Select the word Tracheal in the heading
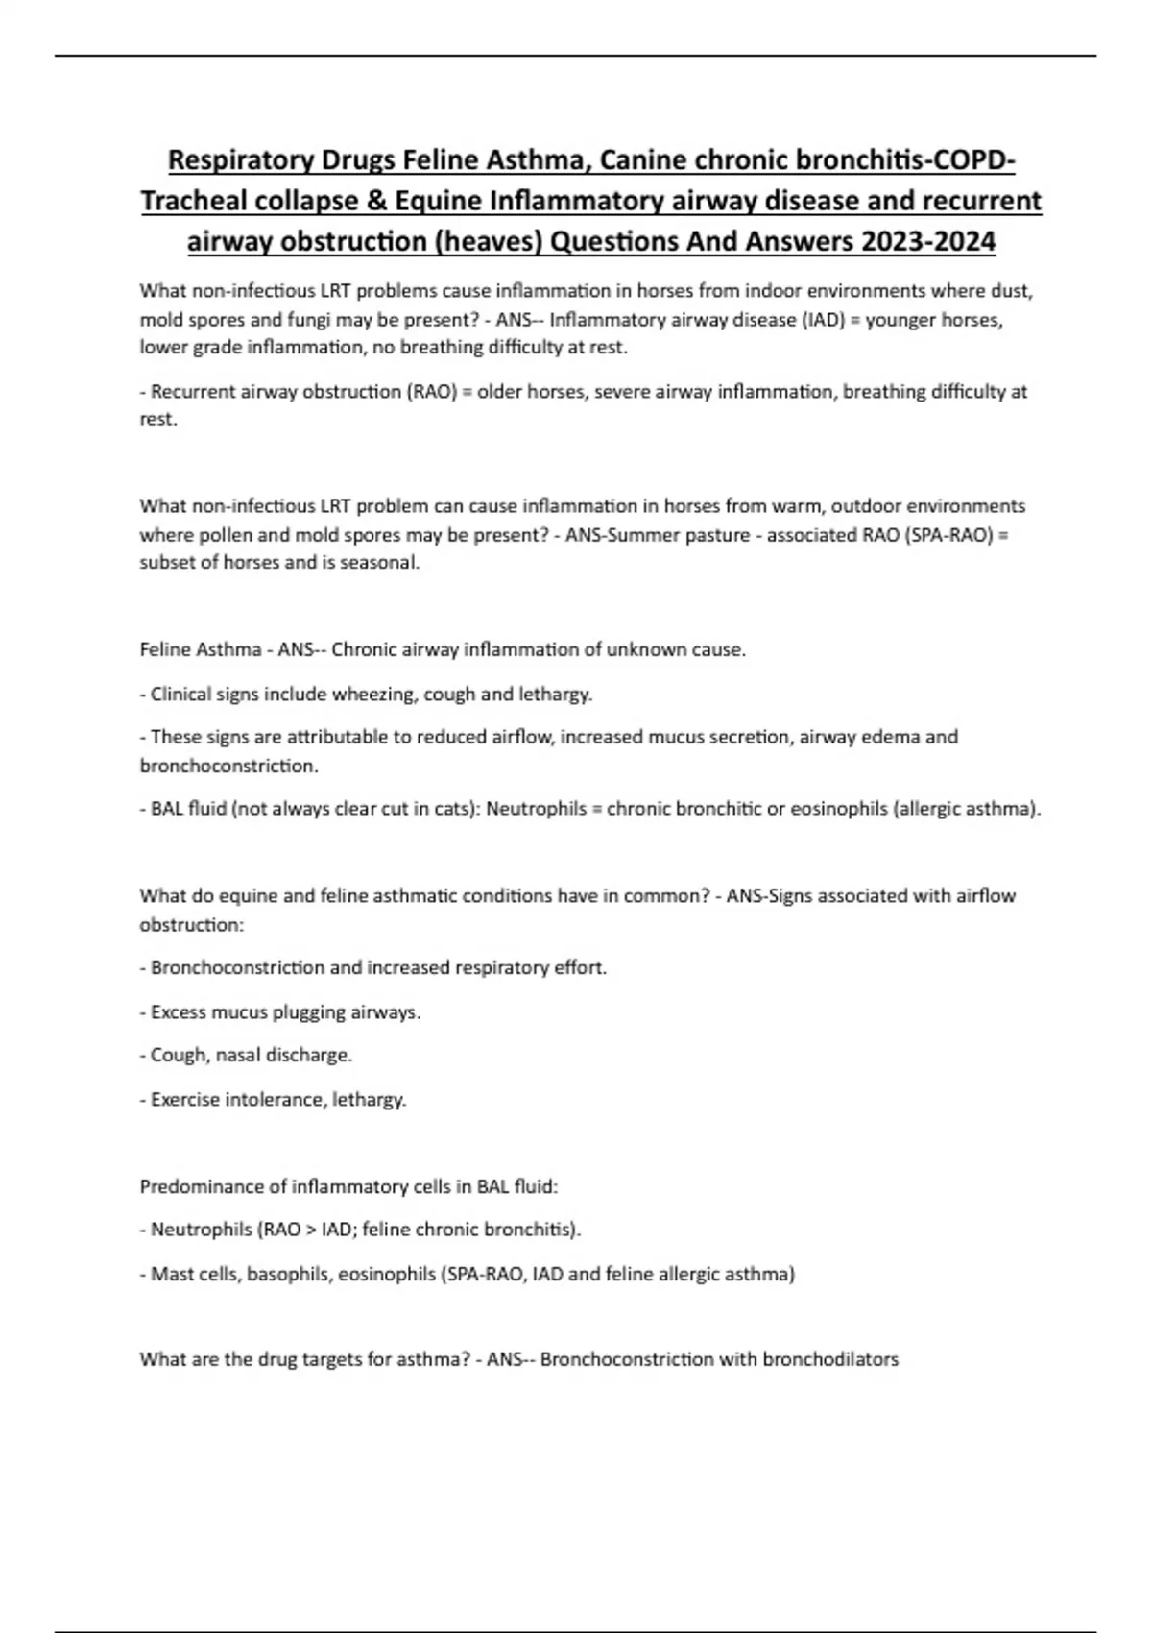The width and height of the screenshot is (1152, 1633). [x=194, y=201]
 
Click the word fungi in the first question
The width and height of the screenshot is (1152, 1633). [x=307, y=320]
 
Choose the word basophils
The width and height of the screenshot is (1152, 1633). [x=287, y=1275]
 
